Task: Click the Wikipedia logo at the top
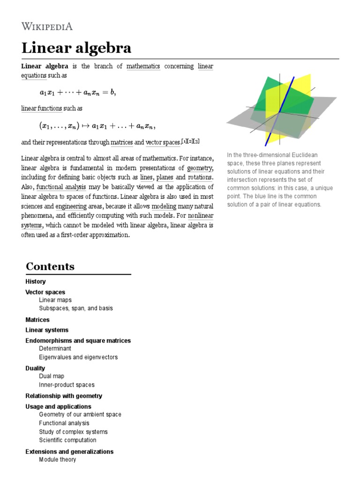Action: (47, 26)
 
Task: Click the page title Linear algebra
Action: (76, 48)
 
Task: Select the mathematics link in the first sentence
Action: (143, 66)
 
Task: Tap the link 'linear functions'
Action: (42, 108)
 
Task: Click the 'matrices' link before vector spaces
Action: (121, 142)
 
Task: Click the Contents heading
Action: (50, 266)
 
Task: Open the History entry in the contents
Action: (36, 282)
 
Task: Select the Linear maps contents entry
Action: (55, 300)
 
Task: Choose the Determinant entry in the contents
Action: (55, 349)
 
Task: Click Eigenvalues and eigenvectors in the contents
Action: (78, 357)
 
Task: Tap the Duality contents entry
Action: (35, 368)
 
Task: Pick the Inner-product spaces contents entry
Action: (67, 385)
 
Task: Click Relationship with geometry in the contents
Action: (63, 396)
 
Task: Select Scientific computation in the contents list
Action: (67, 440)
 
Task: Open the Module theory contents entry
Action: (57, 460)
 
